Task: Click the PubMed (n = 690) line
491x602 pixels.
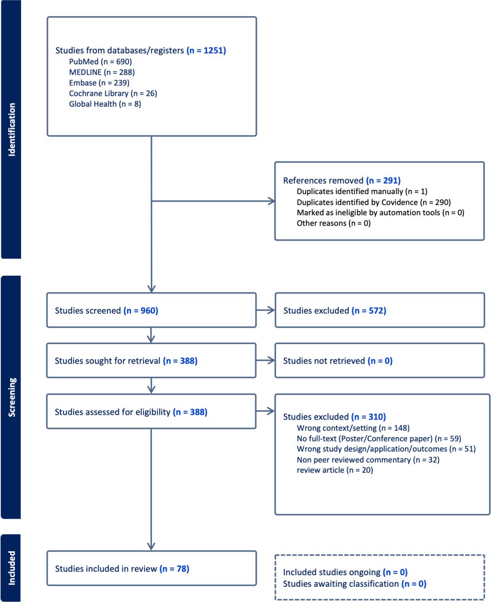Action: coord(100,62)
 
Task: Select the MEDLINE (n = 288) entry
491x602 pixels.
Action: coord(102,72)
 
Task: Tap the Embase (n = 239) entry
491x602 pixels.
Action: coord(99,83)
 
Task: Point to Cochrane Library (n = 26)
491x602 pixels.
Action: coord(113,93)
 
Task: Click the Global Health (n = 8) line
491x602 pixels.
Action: coord(105,104)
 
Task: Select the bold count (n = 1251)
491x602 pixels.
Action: coord(206,50)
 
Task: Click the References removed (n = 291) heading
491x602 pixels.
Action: coord(342,180)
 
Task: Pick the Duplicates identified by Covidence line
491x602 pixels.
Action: coord(374,202)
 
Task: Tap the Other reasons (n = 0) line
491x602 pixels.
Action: coord(333,223)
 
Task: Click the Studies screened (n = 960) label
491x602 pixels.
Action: coord(106,310)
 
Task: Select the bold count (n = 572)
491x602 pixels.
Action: coord(369,310)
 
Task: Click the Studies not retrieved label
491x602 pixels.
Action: coord(338,361)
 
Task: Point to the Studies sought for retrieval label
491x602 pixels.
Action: coord(126,361)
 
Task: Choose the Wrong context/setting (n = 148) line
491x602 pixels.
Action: coord(353,428)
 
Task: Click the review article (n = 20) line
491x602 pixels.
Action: coord(335,470)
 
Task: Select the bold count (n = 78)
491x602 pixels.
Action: coord(175,568)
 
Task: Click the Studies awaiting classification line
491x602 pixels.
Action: coord(354,584)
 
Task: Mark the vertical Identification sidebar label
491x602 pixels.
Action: coord(12,129)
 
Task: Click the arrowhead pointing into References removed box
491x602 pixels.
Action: coord(271,201)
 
